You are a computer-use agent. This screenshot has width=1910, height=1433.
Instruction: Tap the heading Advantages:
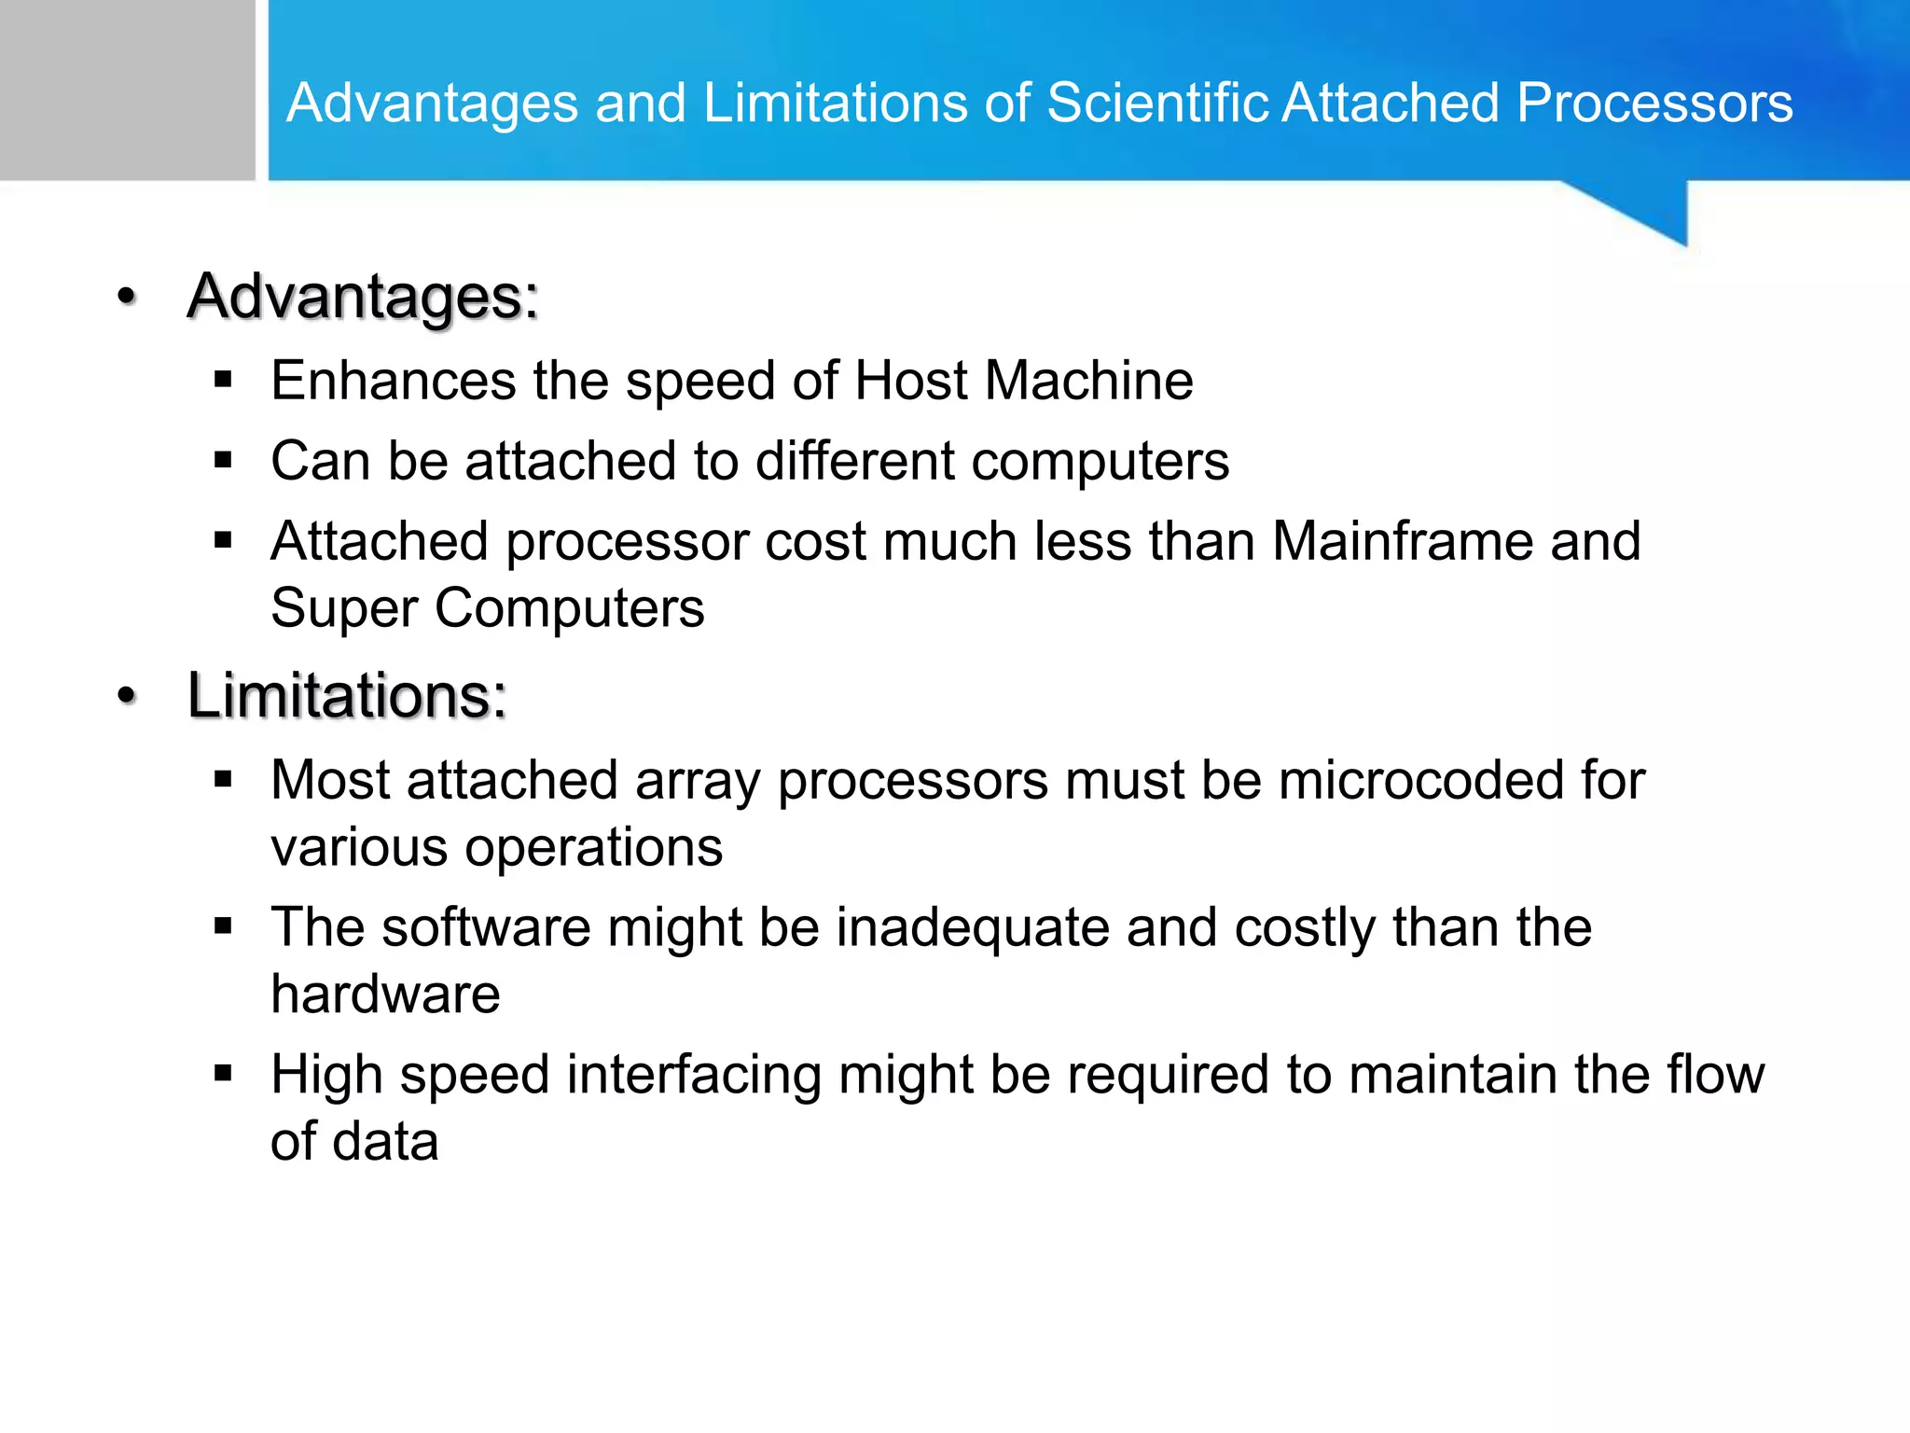pos(363,297)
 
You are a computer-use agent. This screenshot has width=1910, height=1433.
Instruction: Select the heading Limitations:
pos(347,696)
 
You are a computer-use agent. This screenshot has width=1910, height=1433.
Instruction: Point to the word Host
pos(911,381)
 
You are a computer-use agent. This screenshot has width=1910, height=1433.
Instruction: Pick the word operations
pos(593,848)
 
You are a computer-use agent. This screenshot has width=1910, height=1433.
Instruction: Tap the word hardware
pos(385,994)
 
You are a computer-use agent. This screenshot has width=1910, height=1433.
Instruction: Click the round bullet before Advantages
pos(127,297)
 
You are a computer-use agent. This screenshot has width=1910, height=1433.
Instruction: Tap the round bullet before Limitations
pos(127,696)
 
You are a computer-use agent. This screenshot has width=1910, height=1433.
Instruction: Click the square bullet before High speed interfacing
pos(222,1074)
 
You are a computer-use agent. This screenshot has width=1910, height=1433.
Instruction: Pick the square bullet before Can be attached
pos(222,460)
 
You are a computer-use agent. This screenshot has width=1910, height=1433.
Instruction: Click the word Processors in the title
pos(1654,103)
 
